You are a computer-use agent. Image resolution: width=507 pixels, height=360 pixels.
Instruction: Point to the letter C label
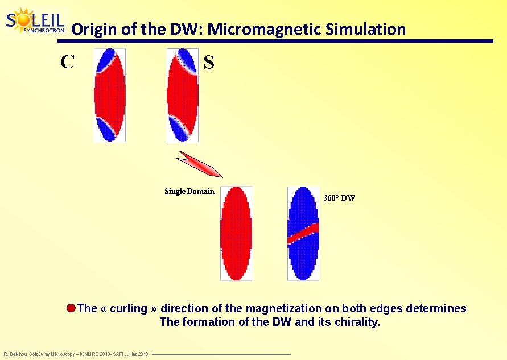pos(67,61)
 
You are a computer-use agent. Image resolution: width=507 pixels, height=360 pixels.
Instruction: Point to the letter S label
pos(209,63)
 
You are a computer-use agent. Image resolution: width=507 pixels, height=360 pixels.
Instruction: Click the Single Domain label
pos(189,191)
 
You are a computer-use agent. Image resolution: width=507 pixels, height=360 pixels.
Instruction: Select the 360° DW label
pos(339,198)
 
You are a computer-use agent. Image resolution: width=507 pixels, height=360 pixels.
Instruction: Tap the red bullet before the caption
pos(71,309)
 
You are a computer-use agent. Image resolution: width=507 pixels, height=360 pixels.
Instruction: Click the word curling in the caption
pos(128,309)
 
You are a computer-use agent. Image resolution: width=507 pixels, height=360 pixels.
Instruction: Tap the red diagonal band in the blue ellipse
pos(303,233)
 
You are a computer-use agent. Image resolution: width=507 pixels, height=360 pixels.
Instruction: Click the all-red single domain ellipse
pos(236,233)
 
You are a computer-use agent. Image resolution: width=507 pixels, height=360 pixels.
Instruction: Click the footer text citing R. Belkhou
pos(76,354)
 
